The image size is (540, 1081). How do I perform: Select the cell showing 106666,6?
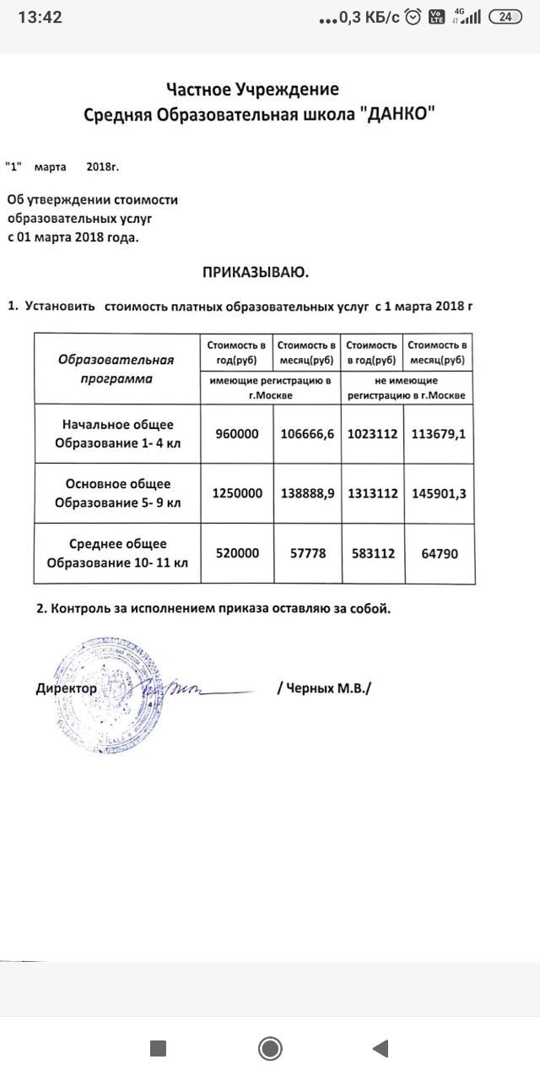[x=307, y=434]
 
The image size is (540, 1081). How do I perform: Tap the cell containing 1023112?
[x=372, y=434]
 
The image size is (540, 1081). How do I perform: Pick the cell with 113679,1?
[x=439, y=434]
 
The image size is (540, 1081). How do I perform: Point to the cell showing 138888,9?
[x=307, y=493]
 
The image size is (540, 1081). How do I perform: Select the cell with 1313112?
[x=372, y=493]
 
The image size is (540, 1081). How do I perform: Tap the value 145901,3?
[x=439, y=493]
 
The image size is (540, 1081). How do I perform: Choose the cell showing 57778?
[x=307, y=552]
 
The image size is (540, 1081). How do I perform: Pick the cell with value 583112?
[x=372, y=552]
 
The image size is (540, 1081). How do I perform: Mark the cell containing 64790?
[x=439, y=552]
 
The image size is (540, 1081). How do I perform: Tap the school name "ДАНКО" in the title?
[x=396, y=115]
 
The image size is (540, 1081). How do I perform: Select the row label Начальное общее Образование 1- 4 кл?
[x=117, y=434]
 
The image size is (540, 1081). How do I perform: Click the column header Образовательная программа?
[x=117, y=369]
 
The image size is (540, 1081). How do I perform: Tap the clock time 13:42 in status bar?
[x=40, y=17]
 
